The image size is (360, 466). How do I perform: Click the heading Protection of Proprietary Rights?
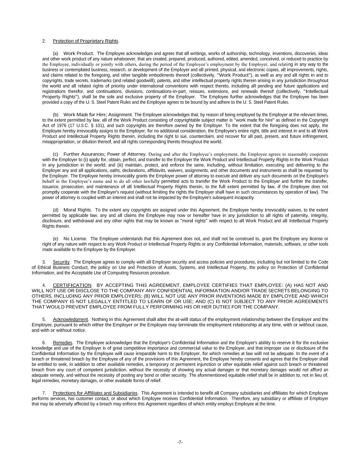pyautogui.click(x=85, y=41)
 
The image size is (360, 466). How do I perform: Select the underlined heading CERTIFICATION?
pyautogui.click(x=72, y=285)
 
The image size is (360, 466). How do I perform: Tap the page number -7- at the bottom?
pyautogui.click(x=180, y=442)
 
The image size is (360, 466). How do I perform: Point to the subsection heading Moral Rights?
pyautogui.click(x=77, y=210)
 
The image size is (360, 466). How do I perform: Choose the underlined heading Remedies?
pyautogui.click(x=62, y=342)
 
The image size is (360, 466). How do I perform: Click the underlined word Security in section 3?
pyautogui.click(x=61, y=262)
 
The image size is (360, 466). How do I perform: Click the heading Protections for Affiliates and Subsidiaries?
pyautogui.click(x=95, y=393)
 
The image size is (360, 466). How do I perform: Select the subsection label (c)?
pyautogui.click(x=56, y=154)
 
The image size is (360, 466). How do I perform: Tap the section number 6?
pyautogui.click(x=44, y=342)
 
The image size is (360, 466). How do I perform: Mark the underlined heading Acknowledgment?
pyautogui.click(x=70, y=319)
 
